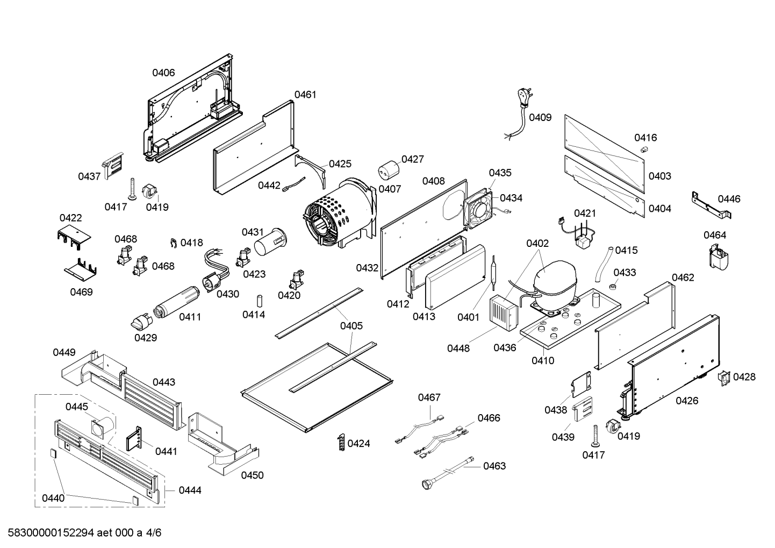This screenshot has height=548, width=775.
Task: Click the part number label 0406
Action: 163,73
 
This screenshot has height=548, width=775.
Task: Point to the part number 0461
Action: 305,95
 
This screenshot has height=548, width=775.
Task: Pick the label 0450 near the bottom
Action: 252,475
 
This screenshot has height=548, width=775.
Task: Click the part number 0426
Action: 687,400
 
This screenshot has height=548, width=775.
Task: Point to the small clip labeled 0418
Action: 174,243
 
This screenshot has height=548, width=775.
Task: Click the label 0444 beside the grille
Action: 190,490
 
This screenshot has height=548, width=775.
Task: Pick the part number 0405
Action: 351,325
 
